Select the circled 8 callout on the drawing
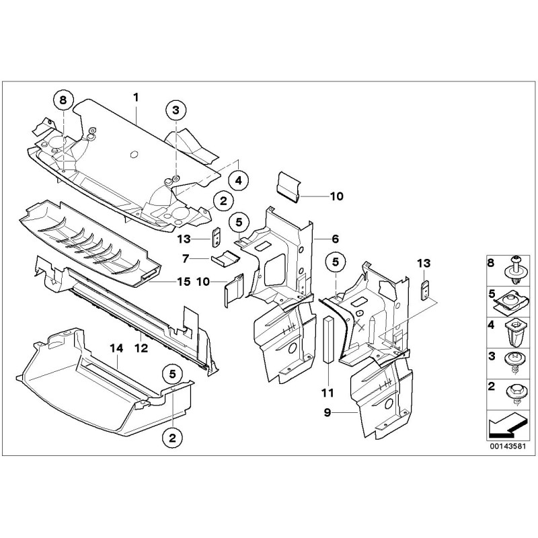[x=63, y=100]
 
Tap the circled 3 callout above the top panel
[x=175, y=110]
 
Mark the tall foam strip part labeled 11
[x=328, y=340]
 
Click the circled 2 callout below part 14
[x=172, y=438]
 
